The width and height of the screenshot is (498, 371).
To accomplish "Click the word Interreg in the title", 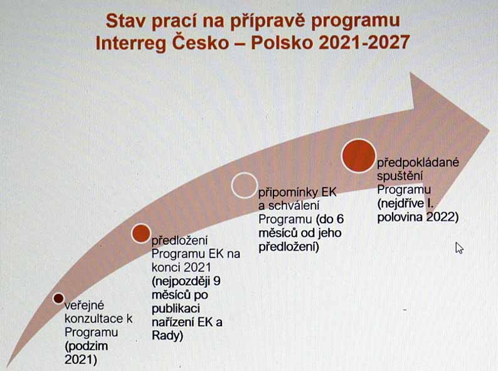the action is (131, 43).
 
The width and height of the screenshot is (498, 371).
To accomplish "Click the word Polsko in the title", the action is (282, 42).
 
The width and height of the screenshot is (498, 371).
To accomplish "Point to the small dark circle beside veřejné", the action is (58, 298).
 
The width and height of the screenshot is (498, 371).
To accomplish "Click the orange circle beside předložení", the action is (140, 233).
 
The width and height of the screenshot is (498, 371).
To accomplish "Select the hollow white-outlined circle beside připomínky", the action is (244, 185).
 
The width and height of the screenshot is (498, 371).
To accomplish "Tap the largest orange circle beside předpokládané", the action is (359, 156).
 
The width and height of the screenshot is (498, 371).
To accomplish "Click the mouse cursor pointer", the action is (459, 248).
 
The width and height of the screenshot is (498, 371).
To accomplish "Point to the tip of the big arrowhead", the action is (490, 130).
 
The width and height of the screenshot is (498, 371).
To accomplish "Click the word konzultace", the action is (95, 318).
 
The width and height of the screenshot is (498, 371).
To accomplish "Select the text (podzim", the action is (87, 346).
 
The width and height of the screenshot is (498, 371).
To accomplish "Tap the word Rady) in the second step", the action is (167, 336).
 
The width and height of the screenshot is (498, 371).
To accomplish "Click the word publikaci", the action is (176, 309).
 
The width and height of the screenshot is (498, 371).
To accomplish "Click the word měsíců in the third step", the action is (280, 233).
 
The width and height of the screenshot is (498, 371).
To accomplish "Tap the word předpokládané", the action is (418, 162).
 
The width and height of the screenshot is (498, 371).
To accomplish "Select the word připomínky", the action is (289, 192).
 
